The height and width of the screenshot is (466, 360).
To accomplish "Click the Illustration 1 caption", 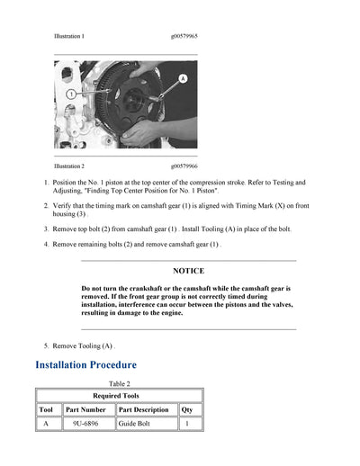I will pos(69,36).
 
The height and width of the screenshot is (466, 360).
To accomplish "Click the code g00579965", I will pos(184,36).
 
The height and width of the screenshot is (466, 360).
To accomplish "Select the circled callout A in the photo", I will pos(183,79).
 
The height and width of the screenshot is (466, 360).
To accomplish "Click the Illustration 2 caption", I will pos(69,166).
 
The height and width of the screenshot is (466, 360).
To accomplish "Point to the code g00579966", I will pos(184,166).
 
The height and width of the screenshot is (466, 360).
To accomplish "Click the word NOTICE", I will pos(188,271).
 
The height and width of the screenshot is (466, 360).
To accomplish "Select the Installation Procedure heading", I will pos(85,364).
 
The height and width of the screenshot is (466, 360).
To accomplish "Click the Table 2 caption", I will pos(120,383).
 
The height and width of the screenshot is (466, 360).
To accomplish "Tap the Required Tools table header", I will pos(119,395).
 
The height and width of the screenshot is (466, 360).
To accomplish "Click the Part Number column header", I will pos(86,410).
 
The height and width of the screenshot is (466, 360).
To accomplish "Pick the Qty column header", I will pos(186,410).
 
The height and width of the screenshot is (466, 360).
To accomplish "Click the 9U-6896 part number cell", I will pos(86,424).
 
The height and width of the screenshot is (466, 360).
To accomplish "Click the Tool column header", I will pos(46,410).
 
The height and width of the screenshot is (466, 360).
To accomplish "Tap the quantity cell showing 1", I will pos(186,424).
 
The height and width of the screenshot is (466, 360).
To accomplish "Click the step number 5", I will pos(46,345).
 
